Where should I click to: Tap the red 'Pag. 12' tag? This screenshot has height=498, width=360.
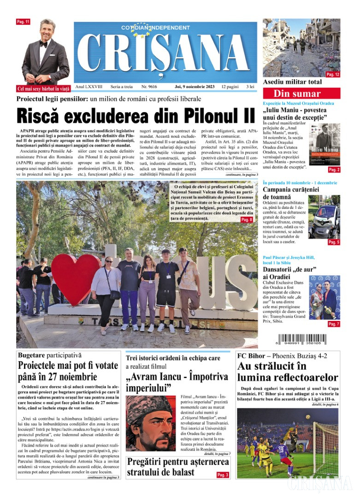pos(333,74)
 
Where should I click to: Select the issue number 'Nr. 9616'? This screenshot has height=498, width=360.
pos(149,86)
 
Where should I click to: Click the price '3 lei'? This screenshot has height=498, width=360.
pos(250,86)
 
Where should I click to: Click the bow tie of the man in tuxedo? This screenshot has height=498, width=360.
pos(44,44)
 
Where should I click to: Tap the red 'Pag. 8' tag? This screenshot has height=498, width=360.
pos(247,220)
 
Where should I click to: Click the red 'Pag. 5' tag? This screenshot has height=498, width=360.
pos(334,242)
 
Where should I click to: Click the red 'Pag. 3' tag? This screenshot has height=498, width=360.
pos(223,474)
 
